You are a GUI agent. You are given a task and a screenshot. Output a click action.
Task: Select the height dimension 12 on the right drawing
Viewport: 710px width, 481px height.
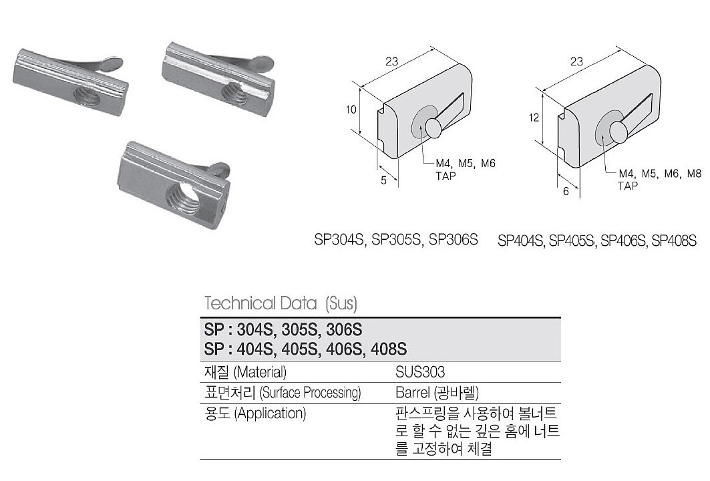point(532,118)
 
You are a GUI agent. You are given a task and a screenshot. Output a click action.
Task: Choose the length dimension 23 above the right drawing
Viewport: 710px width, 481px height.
point(577,61)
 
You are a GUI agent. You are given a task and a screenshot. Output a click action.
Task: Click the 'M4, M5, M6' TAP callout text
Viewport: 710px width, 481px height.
point(465,163)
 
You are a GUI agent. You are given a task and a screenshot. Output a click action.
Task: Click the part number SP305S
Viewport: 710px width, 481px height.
point(397,238)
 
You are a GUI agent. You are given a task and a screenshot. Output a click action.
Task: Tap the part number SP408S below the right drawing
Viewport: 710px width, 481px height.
point(673,240)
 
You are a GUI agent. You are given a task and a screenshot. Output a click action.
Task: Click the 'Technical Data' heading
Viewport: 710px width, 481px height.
point(260,303)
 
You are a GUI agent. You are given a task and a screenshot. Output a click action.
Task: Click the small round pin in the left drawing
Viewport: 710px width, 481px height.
point(434,127)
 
